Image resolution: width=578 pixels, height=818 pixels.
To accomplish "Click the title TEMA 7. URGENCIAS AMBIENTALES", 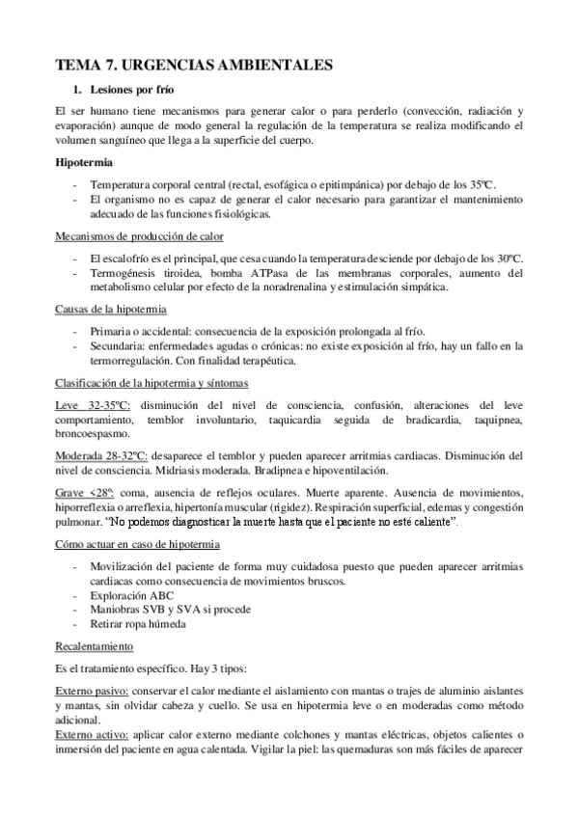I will click(195, 65).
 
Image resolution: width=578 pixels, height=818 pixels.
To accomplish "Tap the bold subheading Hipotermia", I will click(84, 161).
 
